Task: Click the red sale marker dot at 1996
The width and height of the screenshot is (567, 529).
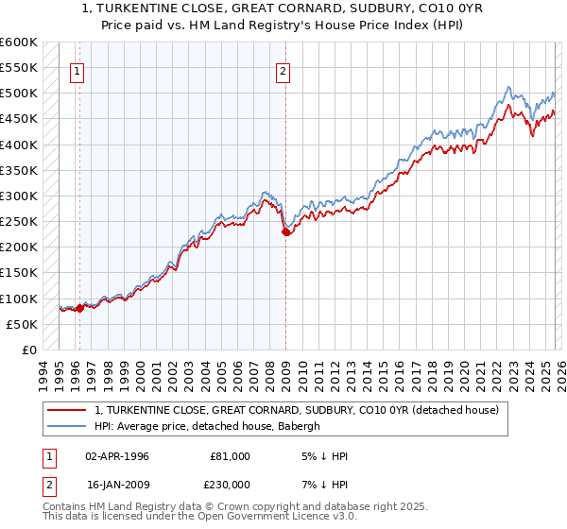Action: tap(79, 308)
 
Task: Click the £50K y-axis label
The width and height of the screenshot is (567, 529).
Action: tap(22, 324)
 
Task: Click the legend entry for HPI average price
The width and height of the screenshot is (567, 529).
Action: tap(208, 426)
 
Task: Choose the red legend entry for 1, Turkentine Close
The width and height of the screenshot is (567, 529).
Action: tap(302, 410)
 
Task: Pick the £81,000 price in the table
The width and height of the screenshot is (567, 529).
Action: tap(230, 456)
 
